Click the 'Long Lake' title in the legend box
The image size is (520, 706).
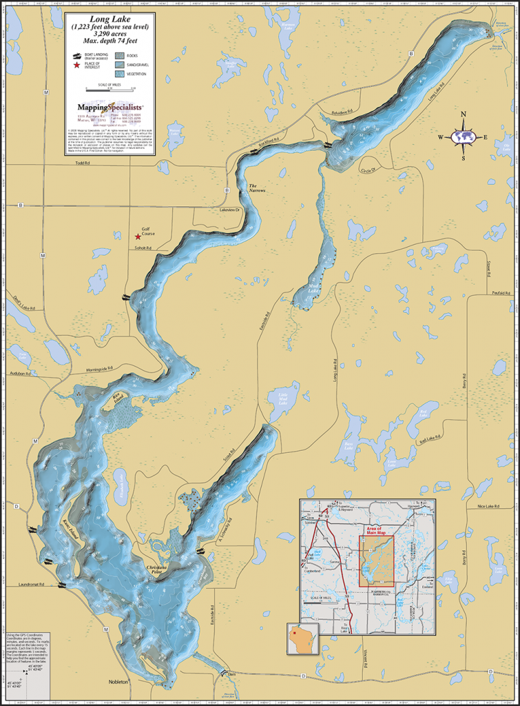coord(110,19)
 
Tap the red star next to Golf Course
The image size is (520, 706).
coord(138,236)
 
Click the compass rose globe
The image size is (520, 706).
coord(464,137)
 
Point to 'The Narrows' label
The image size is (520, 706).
coord(257,188)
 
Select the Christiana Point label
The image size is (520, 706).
coord(161,568)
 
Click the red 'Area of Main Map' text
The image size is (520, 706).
coord(376,530)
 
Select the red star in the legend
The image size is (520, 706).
coord(76,65)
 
